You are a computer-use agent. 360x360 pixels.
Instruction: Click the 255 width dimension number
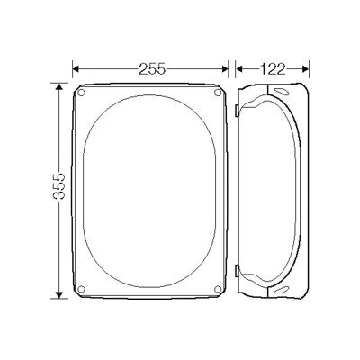152,69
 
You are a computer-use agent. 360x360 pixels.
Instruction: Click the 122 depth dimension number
273,69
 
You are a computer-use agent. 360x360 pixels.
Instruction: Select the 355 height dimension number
59,186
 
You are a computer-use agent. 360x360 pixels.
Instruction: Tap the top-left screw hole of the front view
81,93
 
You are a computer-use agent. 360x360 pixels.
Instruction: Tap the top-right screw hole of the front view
218,93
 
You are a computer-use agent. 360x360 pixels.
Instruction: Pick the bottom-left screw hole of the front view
81,289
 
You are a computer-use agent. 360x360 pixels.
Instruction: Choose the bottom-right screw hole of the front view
218,289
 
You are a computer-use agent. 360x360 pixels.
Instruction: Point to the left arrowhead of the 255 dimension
76,69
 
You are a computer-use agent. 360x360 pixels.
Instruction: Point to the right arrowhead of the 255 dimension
225,69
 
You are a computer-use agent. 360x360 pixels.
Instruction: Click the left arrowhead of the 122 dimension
239,69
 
